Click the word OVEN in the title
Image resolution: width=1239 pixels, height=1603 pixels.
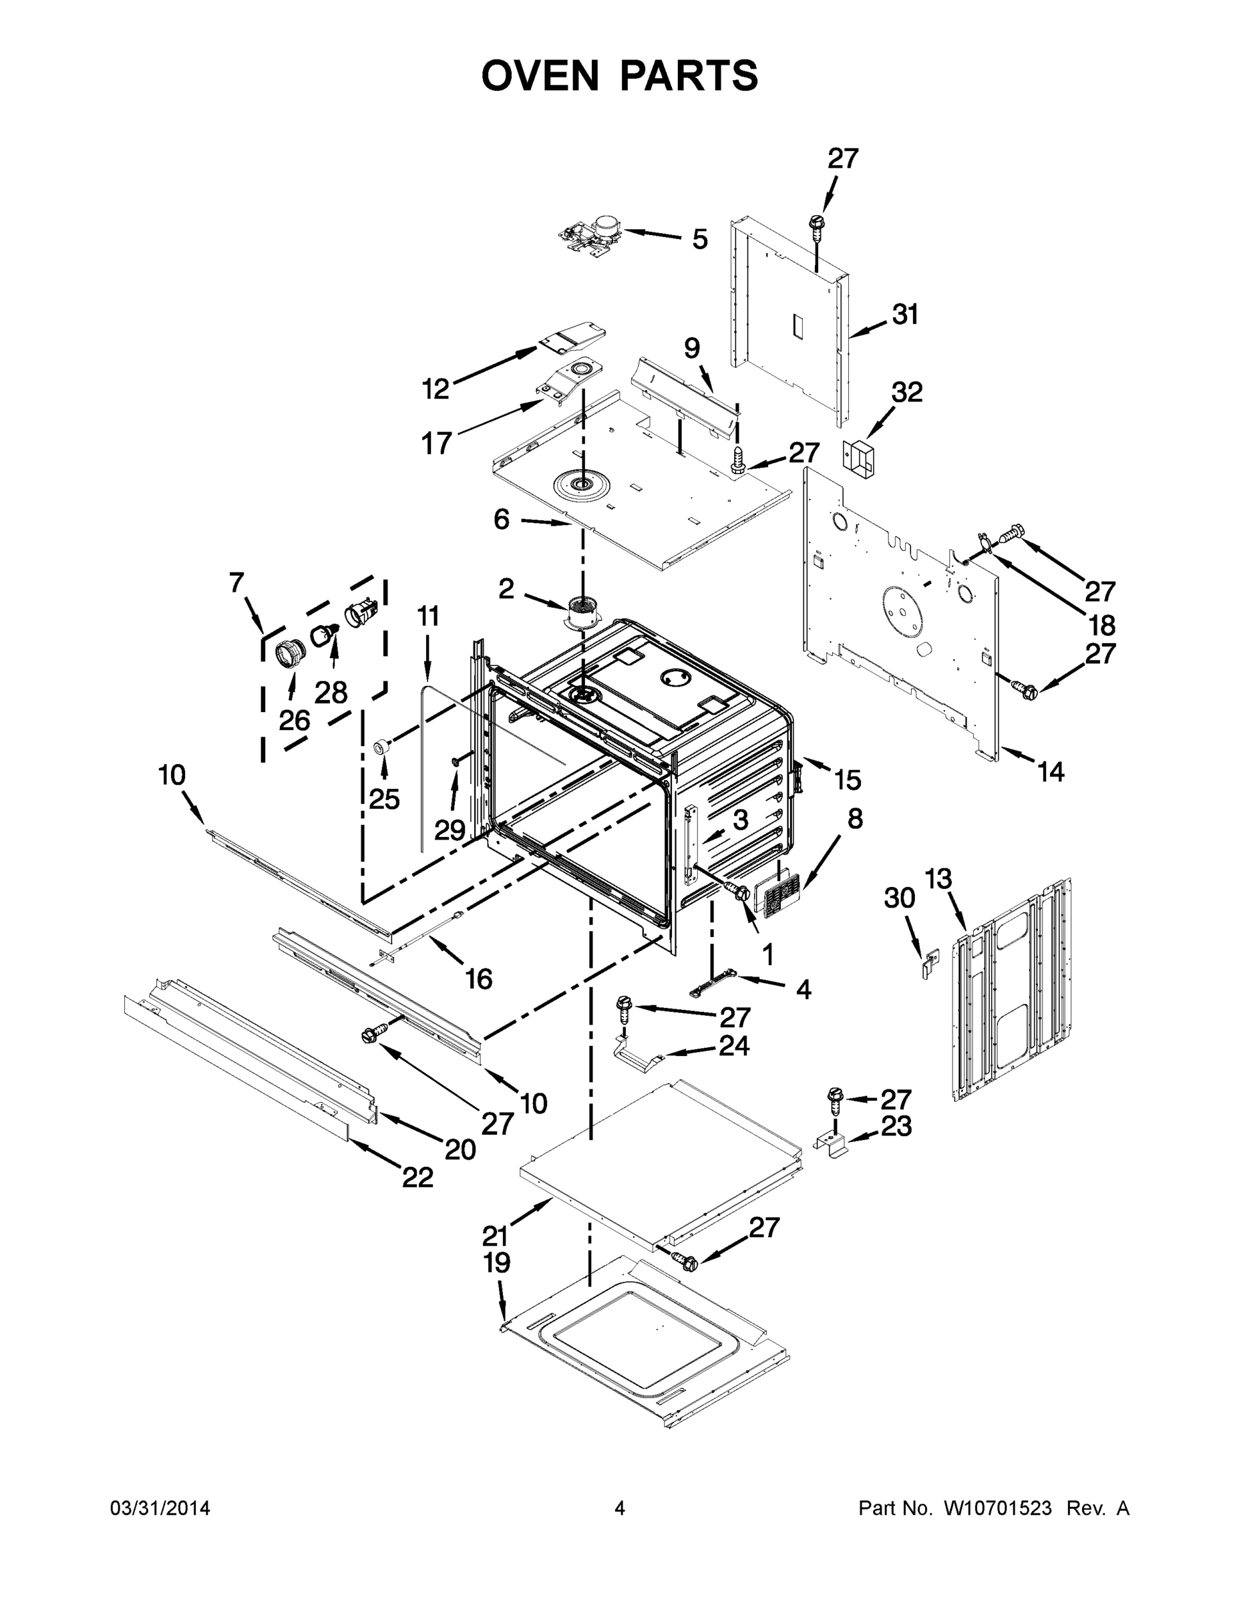pyautogui.click(x=541, y=75)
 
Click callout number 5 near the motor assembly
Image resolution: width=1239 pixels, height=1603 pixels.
pyautogui.click(x=700, y=239)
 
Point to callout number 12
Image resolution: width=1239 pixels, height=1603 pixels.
pyautogui.click(x=435, y=389)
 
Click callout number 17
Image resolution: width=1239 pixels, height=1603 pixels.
pyautogui.click(x=436, y=443)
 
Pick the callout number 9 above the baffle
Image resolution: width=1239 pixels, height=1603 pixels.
pyautogui.click(x=691, y=348)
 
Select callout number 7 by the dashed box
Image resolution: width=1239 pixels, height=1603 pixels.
pyautogui.click(x=236, y=583)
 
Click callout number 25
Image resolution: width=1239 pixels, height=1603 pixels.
pyautogui.click(x=384, y=799)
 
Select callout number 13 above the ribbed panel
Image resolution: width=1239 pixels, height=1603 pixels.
pyautogui.click(x=938, y=878)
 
